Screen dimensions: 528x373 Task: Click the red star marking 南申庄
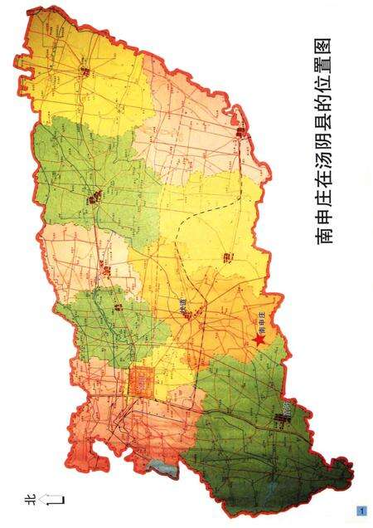(259, 339)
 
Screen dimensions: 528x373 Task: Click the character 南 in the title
(324, 237)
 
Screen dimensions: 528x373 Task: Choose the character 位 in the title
(324, 91)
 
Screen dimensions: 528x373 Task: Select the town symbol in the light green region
(94, 198)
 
